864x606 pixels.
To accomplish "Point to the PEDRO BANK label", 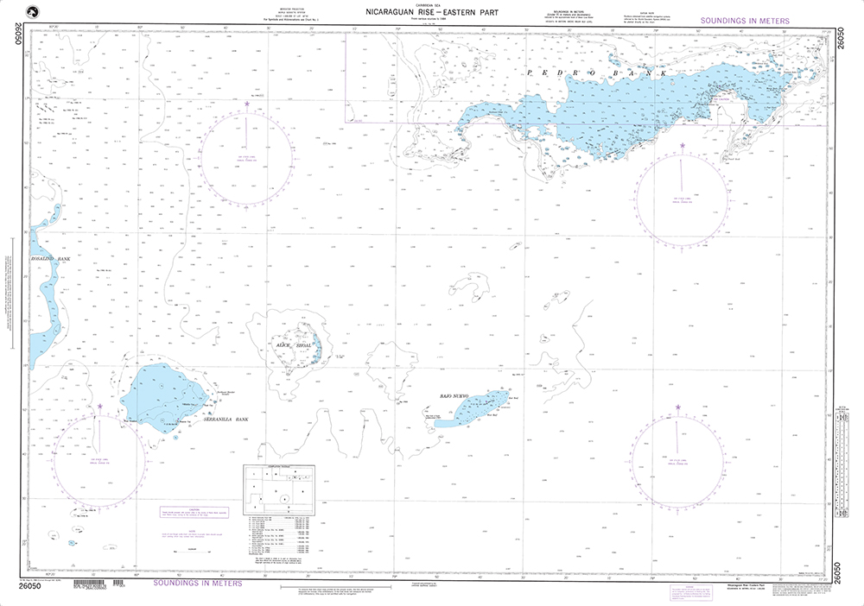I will coord(596,73).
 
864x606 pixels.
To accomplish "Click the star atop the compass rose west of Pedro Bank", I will coord(247,104).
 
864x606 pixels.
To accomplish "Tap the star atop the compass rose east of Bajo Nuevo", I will coord(678,420).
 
